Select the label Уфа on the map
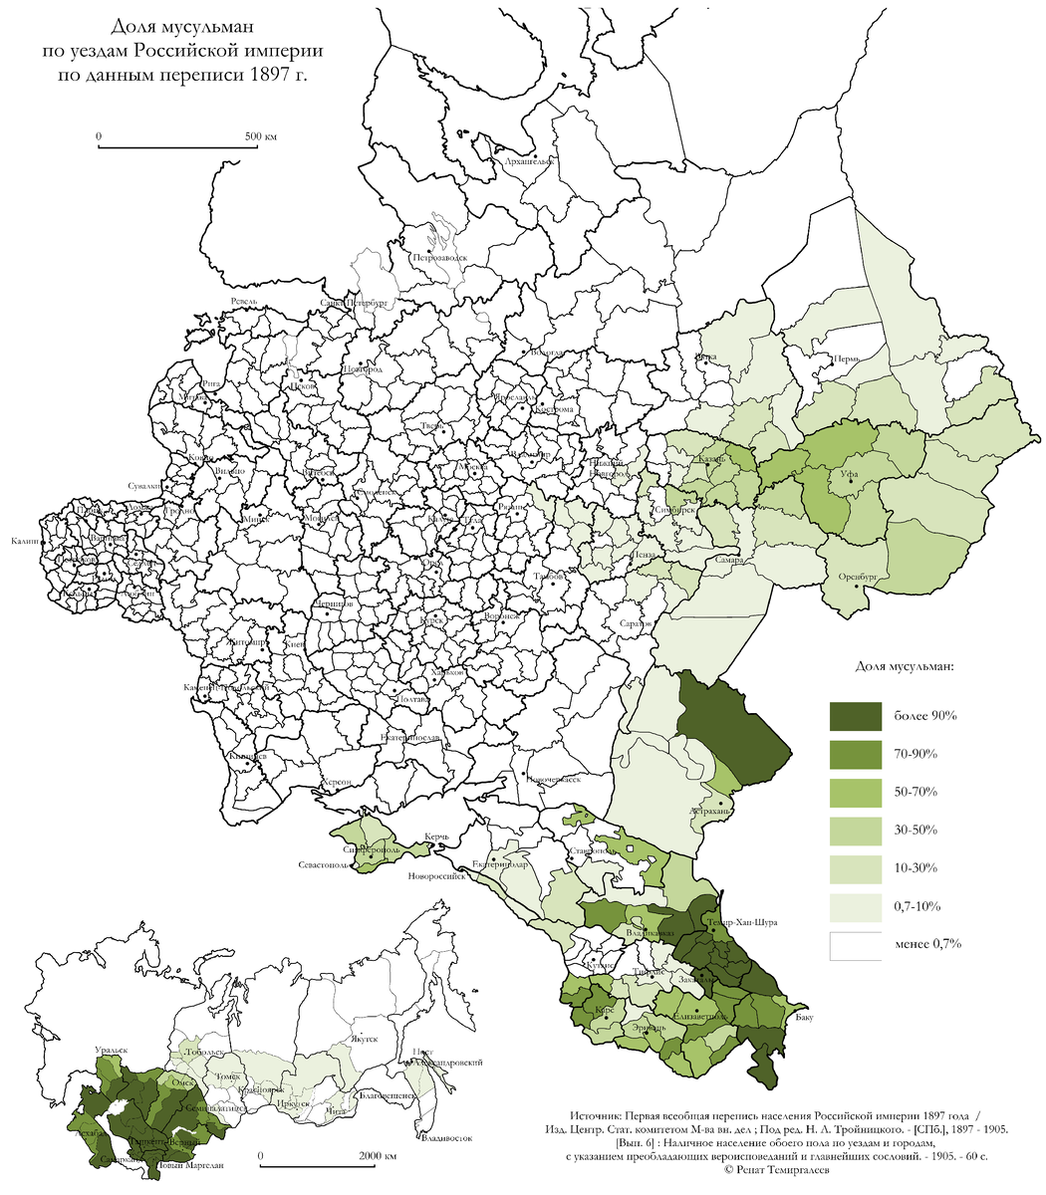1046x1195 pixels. (849, 476)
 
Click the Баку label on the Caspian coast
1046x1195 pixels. (805, 1017)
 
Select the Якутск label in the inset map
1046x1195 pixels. (366, 1038)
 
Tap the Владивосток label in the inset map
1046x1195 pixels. (444, 1137)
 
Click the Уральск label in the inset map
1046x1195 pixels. (110, 1050)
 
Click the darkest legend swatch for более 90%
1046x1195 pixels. (856, 716)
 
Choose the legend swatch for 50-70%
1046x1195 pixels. (856, 792)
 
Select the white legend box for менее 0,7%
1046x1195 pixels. (856, 945)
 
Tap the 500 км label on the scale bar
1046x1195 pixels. (261, 135)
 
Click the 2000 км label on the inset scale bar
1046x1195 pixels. (377, 1156)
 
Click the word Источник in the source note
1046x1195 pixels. (599, 1117)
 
